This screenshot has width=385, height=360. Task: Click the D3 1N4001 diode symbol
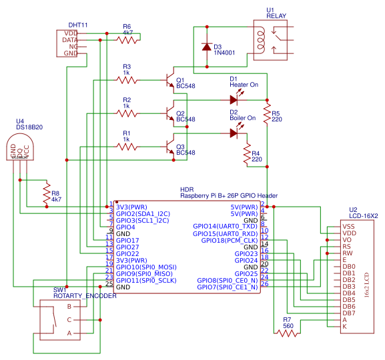(207, 47)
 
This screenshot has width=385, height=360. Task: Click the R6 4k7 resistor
(127, 40)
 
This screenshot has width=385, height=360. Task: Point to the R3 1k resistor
(127, 79)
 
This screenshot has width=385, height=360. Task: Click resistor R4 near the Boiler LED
(247, 156)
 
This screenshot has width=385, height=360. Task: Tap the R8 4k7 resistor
(46, 194)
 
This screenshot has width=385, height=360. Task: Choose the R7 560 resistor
(288, 333)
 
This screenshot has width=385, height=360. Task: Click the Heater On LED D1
(234, 99)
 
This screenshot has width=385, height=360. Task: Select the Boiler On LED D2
(234, 132)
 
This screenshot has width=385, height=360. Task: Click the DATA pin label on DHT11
(70, 40)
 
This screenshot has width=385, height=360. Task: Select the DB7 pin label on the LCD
(348, 313)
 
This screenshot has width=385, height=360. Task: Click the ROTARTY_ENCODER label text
(85, 296)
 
